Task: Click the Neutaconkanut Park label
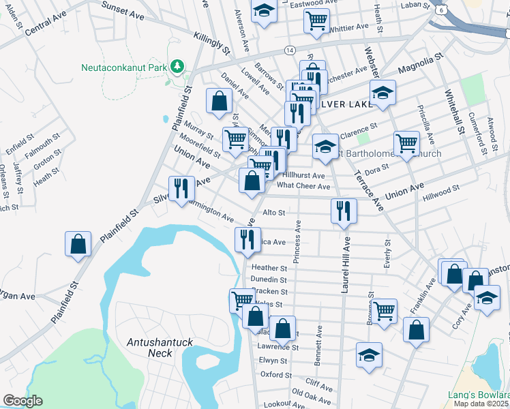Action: click(123, 67)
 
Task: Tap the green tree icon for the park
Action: click(177, 66)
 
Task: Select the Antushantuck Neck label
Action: click(151, 347)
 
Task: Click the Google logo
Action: click(22, 401)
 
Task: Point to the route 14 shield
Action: click(290, 51)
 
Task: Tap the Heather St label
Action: click(269, 268)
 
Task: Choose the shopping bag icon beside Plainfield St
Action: click(78, 244)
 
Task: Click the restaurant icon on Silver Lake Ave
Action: click(181, 188)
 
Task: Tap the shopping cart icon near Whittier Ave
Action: click(316, 21)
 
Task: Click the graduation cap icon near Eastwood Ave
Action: click(263, 11)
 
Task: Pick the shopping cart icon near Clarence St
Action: click(406, 143)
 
